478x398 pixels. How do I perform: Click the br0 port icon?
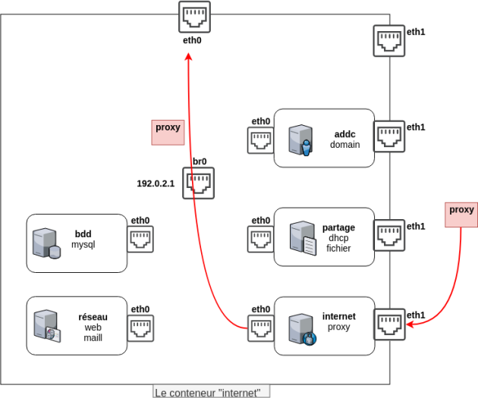pos(199,183)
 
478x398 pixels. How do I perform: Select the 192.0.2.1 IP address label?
pos(156,183)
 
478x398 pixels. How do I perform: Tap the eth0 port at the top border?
pos(194,17)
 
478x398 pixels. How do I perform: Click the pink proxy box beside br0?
pos(168,133)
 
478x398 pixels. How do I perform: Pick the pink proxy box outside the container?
pos(461,215)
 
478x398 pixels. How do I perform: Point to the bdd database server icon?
pos(46,243)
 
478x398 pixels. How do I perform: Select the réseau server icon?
pos(47,326)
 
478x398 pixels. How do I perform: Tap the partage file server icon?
pos(303,239)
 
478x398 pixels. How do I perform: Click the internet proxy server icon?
pos(303,330)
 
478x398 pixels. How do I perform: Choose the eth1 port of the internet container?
pos(389,324)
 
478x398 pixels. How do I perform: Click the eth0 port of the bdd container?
pos(140,239)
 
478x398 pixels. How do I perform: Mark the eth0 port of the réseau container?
pos(140,328)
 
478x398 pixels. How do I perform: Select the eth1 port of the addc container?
pos(389,136)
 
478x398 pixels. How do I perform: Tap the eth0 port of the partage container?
pos(261,239)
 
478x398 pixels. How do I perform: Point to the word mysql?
pos(83,245)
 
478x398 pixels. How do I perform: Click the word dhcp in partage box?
pos(338,238)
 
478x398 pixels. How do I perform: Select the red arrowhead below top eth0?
pos(189,56)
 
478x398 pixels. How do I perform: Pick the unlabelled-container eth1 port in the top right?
pos(389,41)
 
